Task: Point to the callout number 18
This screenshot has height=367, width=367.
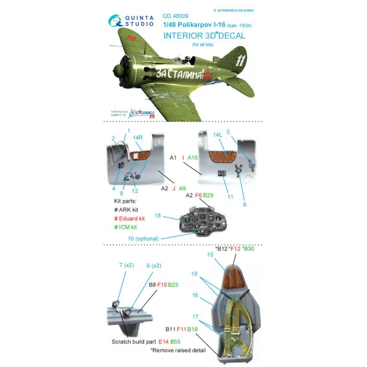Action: point(157,216)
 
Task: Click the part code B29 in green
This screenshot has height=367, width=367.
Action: point(208,194)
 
